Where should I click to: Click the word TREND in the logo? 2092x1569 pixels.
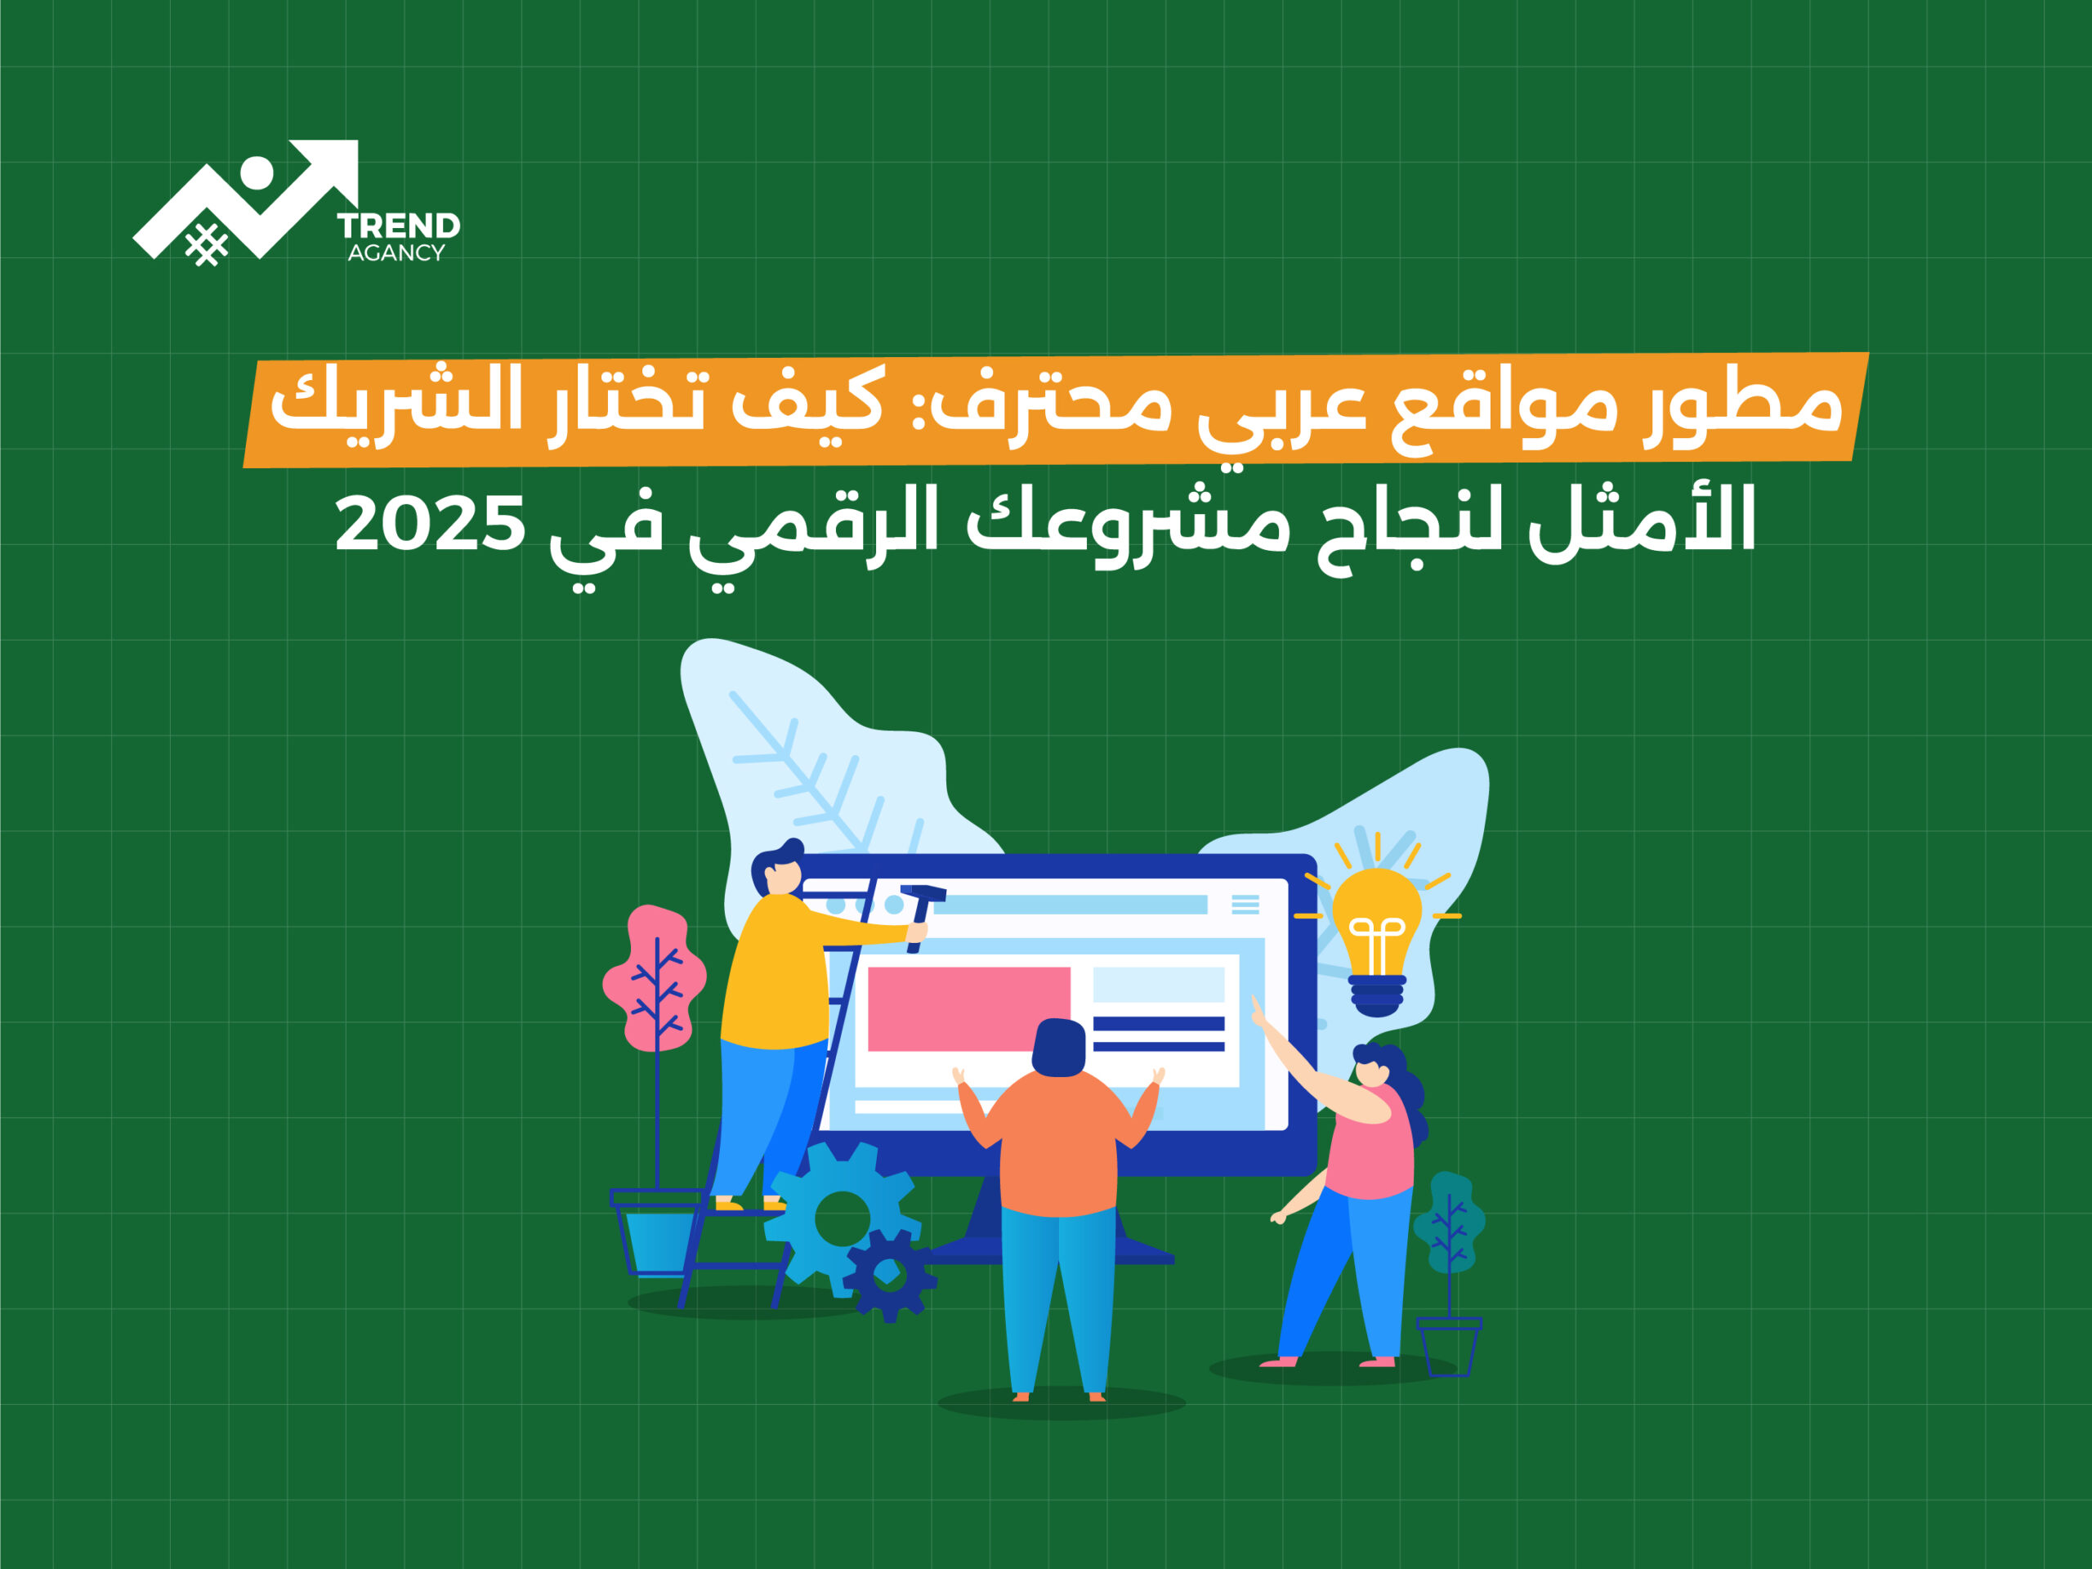(398, 226)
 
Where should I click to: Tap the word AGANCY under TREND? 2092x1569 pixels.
(396, 253)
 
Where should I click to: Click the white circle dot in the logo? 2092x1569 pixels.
(257, 173)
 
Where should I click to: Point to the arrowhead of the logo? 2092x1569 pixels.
(331, 168)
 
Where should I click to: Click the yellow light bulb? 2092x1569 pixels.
(1377, 941)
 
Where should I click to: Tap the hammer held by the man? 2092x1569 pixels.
(920, 916)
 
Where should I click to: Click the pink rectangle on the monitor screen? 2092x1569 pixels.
(968, 1008)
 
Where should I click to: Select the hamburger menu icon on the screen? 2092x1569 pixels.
(1245, 904)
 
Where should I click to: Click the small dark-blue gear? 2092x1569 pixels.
(889, 1276)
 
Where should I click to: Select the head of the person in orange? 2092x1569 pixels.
(1058, 1048)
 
